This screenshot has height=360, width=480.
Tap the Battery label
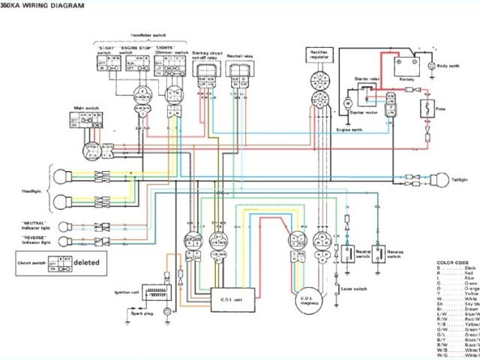click(x=406, y=78)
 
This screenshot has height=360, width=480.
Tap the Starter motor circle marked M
click(x=348, y=100)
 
